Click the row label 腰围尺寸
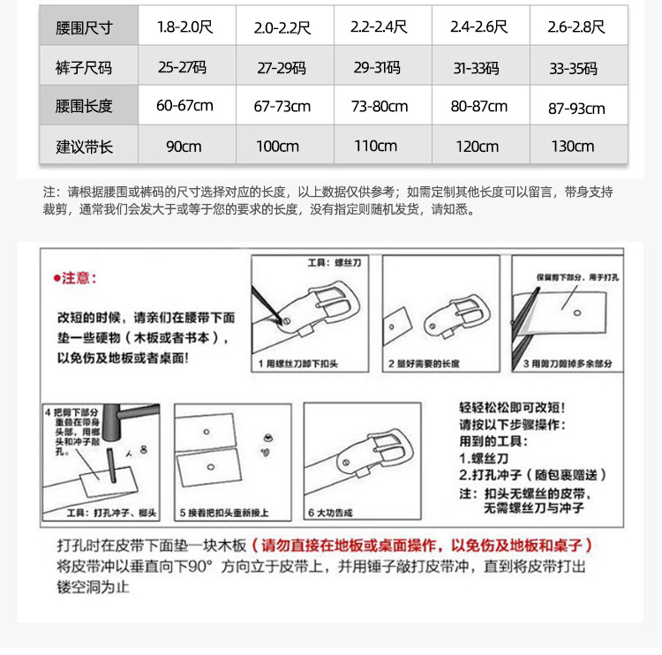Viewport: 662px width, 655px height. pyautogui.click(x=84, y=27)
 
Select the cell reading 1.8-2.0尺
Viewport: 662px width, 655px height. pyautogui.click(x=185, y=27)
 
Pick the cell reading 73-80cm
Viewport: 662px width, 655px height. pyautogui.click(x=380, y=107)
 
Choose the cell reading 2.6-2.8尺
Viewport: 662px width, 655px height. pyautogui.click(x=576, y=27)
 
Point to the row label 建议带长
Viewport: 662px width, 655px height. pyautogui.click(x=84, y=147)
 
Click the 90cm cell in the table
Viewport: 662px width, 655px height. pyautogui.click(x=184, y=147)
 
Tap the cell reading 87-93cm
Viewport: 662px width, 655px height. pyautogui.click(x=576, y=108)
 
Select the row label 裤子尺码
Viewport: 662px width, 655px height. pyautogui.click(x=84, y=68)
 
